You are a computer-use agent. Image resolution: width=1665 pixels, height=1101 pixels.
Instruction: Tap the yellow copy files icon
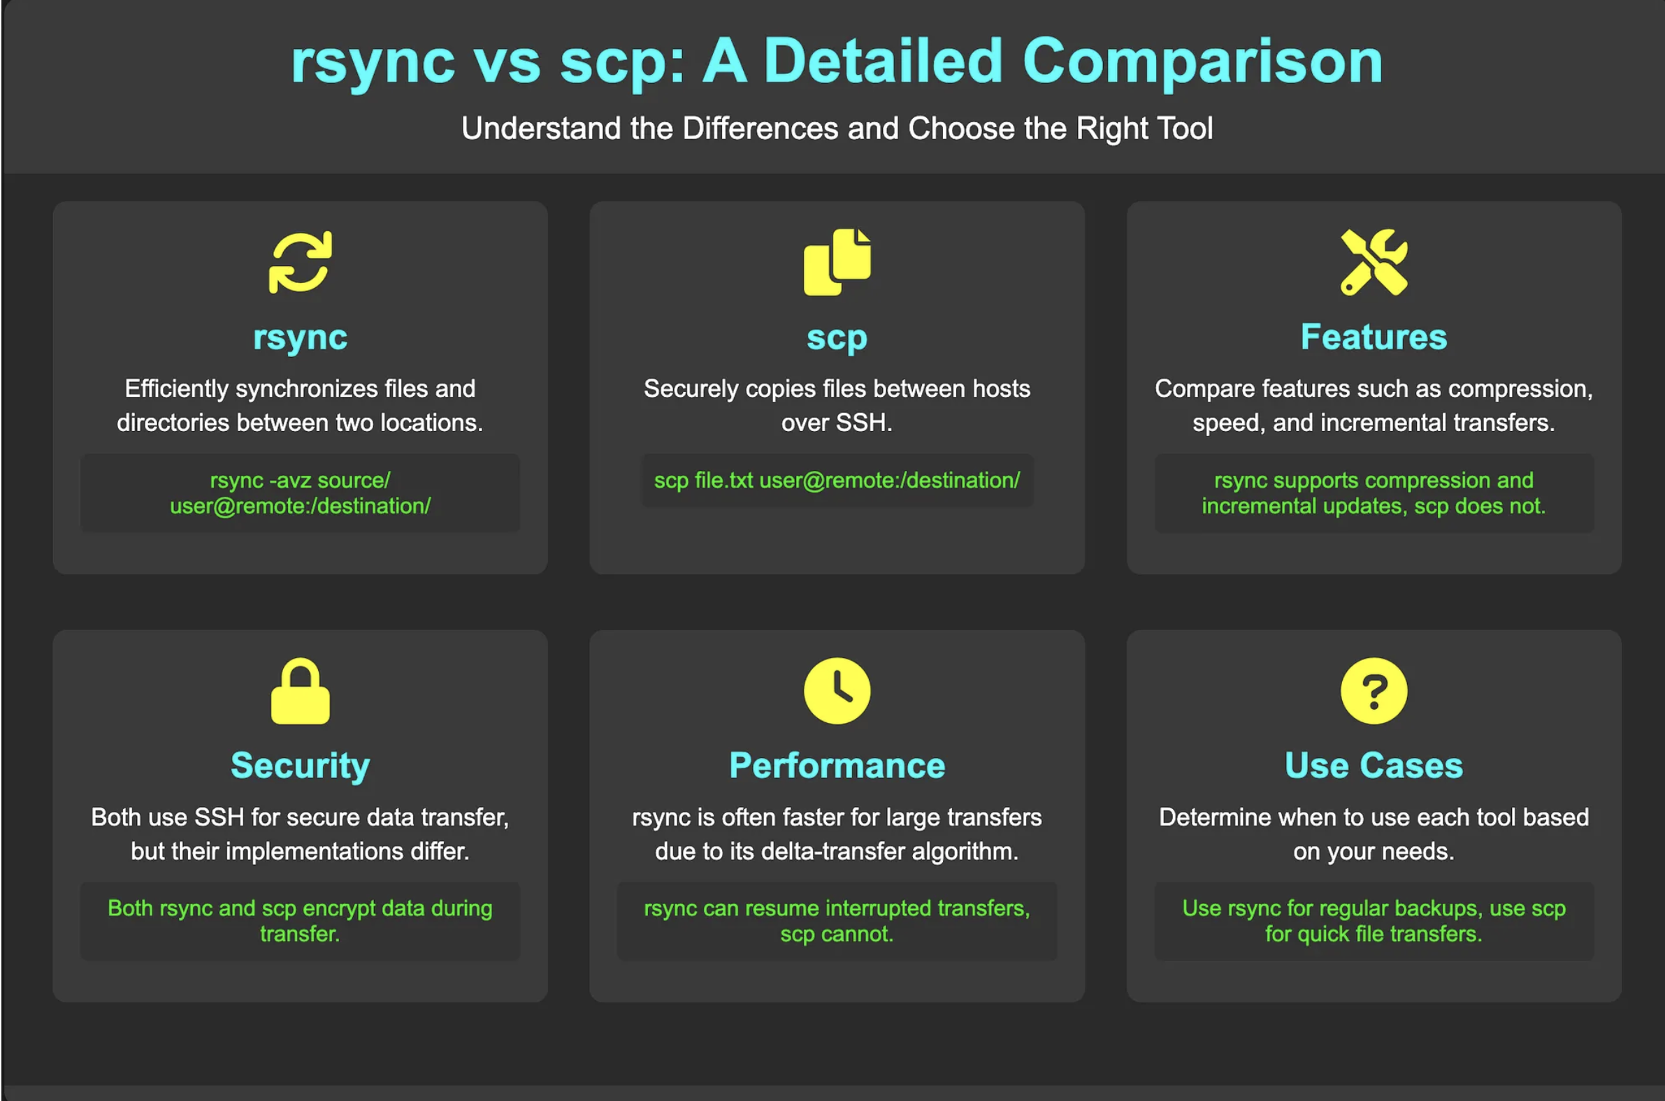pyautogui.click(x=837, y=261)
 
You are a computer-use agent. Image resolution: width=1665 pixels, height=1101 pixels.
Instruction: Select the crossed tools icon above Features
pyautogui.click(x=1374, y=261)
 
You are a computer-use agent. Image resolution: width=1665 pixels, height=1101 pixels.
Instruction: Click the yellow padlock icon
pyautogui.click(x=300, y=691)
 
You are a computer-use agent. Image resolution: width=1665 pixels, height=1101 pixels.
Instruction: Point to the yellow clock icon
pyautogui.click(x=837, y=690)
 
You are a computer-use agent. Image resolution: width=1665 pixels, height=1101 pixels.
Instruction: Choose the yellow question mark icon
pyautogui.click(x=1374, y=690)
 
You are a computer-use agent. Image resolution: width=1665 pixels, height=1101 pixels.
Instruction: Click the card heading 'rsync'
pyautogui.click(x=300, y=337)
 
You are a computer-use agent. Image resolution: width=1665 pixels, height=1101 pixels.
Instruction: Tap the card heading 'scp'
pyautogui.click(x=837, y=337)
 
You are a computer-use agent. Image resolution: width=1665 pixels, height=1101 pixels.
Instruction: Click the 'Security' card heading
pyautogui.click(x=300, y=766)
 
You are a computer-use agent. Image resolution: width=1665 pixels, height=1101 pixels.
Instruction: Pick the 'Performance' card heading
pyautogui.click(x=837, y=766)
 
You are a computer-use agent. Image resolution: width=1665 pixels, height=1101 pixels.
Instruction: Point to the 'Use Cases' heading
pyautogui.click(x=1374, y=766)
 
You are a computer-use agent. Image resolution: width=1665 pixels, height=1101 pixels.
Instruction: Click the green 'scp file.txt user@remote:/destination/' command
pyautogui.click(x=837, y=480)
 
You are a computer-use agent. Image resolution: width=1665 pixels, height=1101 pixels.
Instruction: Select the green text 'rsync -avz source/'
pyautogui.click(x=300, y=480)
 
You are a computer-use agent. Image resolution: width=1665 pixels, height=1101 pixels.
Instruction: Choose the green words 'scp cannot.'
pyautogui.click(x=837, y=934)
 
